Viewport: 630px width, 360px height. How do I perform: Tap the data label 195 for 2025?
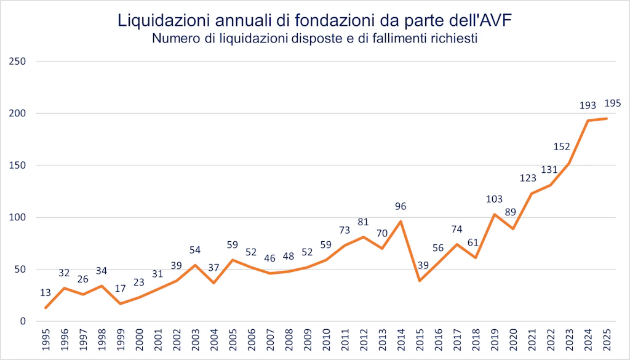(613, 103)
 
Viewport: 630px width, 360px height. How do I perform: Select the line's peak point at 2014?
(401, 222)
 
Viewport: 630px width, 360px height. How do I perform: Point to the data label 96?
(401, 207)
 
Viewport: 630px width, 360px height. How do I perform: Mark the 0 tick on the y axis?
(22, 321)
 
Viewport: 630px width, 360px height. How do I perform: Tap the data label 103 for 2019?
(494, 199)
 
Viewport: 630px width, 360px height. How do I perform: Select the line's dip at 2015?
(420, 281)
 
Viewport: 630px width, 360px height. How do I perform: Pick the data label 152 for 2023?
(562, 147)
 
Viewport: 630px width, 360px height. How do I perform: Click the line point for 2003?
(195, 265)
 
